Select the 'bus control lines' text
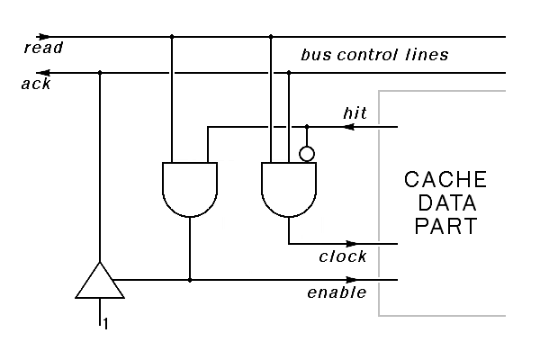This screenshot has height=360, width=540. click(374, 55)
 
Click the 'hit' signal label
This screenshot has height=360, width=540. click(355, 113)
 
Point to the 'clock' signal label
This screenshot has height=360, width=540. click(343, 256)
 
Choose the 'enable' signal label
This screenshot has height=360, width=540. click(337, 292)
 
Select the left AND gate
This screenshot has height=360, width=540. click(190, 188)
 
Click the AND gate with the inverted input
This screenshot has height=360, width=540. click(288, 188)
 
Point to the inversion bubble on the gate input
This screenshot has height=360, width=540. click(307, 154)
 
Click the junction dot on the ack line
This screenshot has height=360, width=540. click(100, 73)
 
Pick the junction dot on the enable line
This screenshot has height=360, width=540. click(190, 280)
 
